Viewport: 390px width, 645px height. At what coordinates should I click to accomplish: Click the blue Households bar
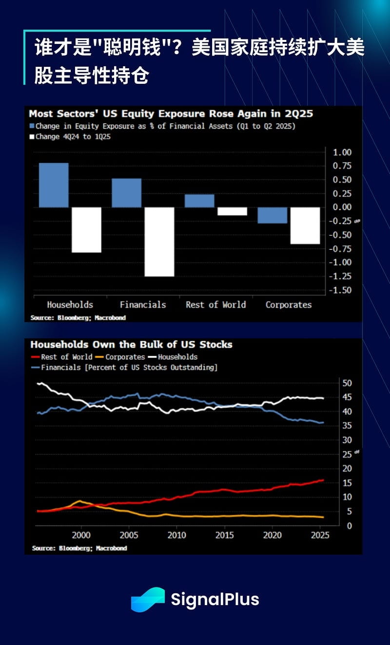53,185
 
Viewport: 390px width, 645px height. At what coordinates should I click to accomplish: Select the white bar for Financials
159,242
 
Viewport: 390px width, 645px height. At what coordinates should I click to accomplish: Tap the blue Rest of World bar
199,201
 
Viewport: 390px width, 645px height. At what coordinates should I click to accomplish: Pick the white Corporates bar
305,225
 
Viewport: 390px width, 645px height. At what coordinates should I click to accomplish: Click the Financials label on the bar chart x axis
143,305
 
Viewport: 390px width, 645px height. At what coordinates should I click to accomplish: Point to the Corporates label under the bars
288,305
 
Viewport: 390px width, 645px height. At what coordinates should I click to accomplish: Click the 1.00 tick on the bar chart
342,153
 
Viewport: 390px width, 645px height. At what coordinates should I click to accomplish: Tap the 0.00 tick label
342,207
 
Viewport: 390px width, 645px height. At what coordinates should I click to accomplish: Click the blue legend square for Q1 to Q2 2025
32,126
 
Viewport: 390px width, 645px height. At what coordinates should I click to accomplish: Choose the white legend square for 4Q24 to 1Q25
32,137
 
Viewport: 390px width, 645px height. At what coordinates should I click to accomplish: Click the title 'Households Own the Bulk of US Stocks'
131,344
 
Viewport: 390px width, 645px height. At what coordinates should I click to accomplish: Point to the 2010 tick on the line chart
176,535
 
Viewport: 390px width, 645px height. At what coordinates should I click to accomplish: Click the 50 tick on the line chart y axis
347,383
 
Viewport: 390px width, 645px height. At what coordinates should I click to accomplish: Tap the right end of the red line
322,480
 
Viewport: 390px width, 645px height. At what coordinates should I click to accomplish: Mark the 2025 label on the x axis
319,535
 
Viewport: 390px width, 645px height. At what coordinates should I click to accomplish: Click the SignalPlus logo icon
148,600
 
